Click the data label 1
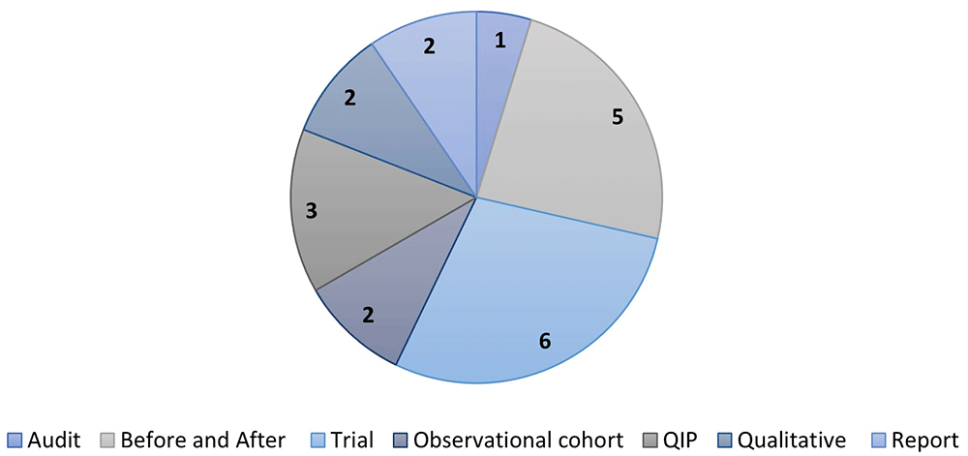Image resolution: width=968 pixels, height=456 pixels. tap(500, 41)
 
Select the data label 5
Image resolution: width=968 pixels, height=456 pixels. tap(617, 117)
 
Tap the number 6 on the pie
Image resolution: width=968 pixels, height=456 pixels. tap(544, 341)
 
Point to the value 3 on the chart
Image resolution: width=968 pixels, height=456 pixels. tap(312, 212)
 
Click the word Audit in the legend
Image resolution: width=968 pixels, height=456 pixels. tap(54, 440)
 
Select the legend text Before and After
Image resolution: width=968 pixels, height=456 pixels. tap(203, 440)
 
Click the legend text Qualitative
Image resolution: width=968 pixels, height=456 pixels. tap(792, 440)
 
